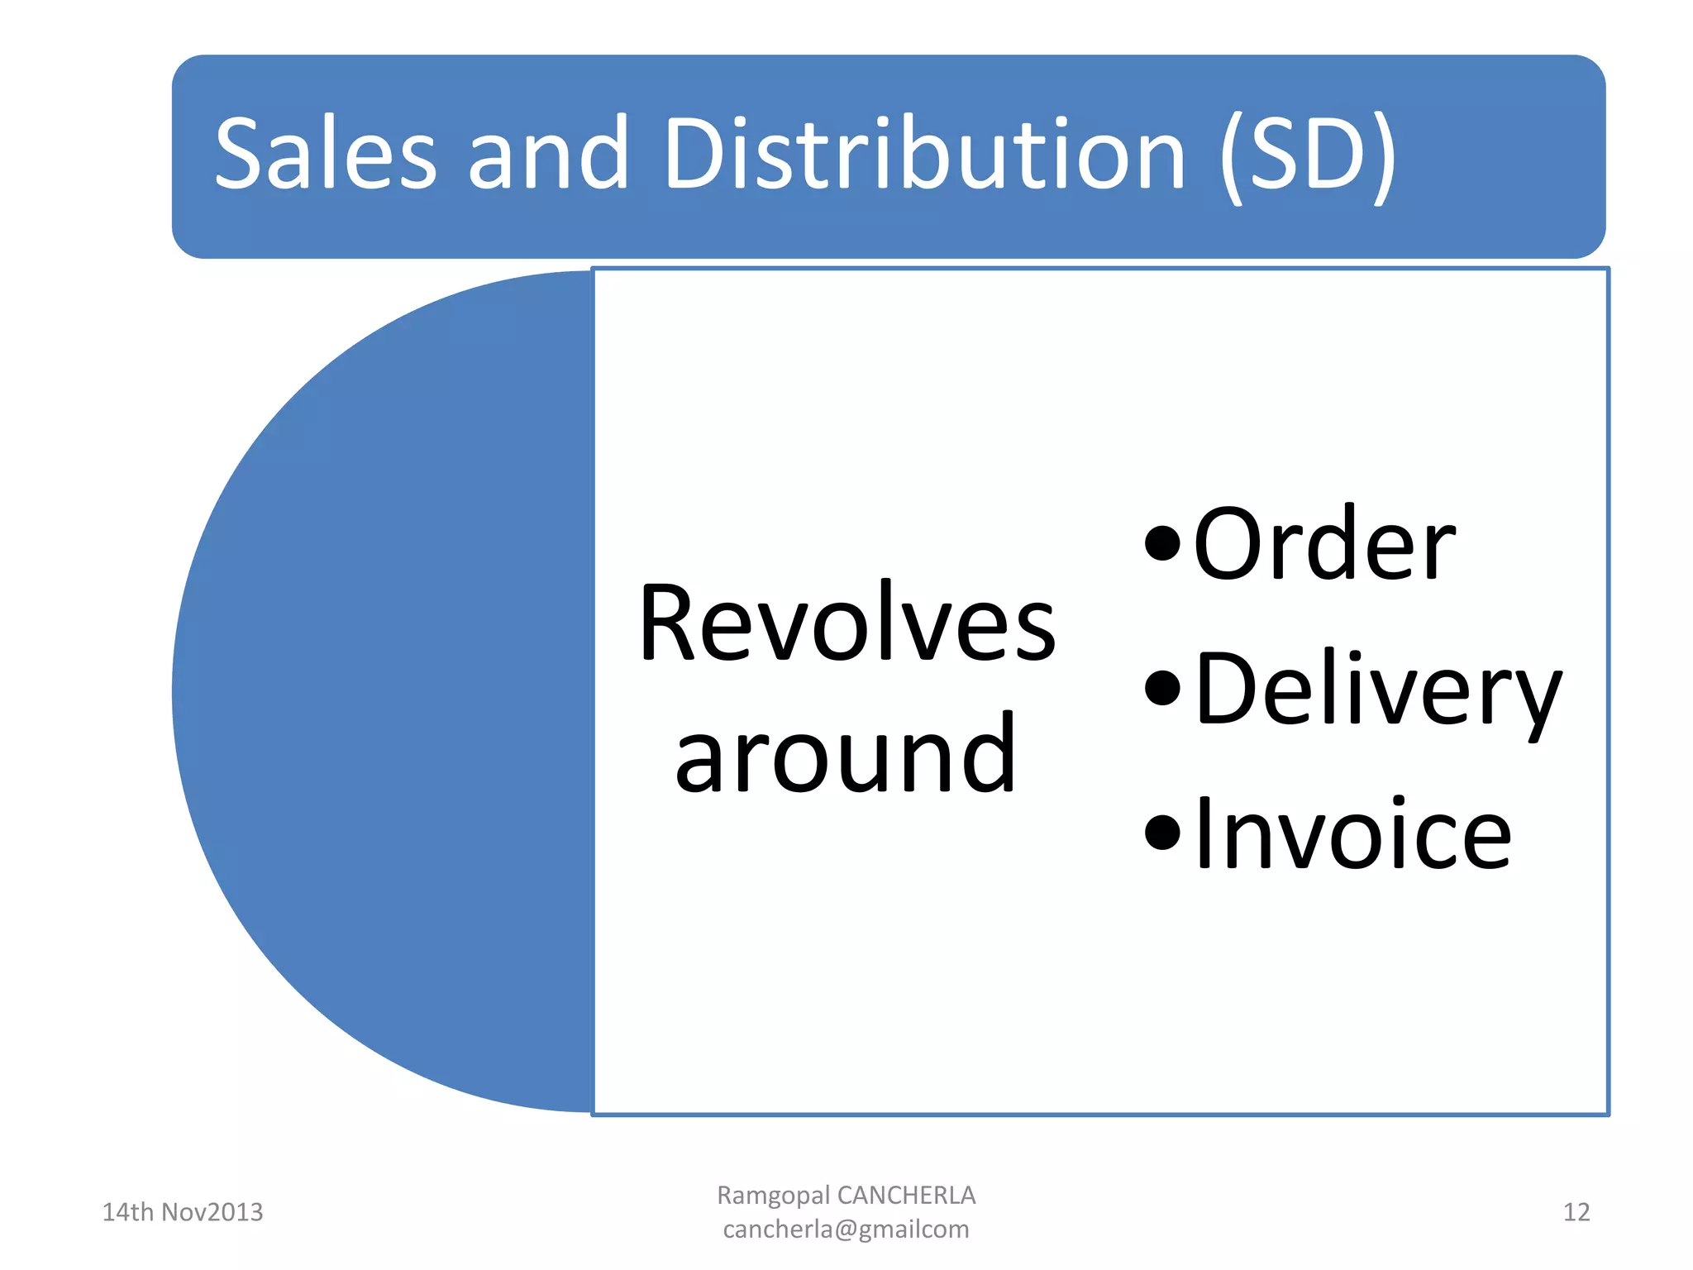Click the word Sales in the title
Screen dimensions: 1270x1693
click(x=325, y=154)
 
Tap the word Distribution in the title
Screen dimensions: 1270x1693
click(x=924, y=154)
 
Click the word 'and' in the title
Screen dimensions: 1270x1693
click(x=547, y=154)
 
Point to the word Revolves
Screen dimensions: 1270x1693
click(x=846, y=623)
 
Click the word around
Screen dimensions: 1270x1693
click(x=845, y=754)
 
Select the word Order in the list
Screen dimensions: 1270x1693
click(x=1323, y=545)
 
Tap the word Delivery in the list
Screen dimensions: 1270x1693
click(x=1378, y=690)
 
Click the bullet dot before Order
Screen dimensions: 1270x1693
click(x=1162, y=543)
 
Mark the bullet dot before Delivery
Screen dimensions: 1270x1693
click(x=1162, y=687)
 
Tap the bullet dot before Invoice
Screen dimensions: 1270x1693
click(x=1162, y=832)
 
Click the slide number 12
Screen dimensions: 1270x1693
click(x=1576, y=1212)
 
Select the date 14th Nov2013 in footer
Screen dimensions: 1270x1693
click(x=182, y=1212)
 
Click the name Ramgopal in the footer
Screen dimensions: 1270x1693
click(x=773, y=1196)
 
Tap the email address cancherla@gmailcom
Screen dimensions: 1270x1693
click(x=846, y=1229)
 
